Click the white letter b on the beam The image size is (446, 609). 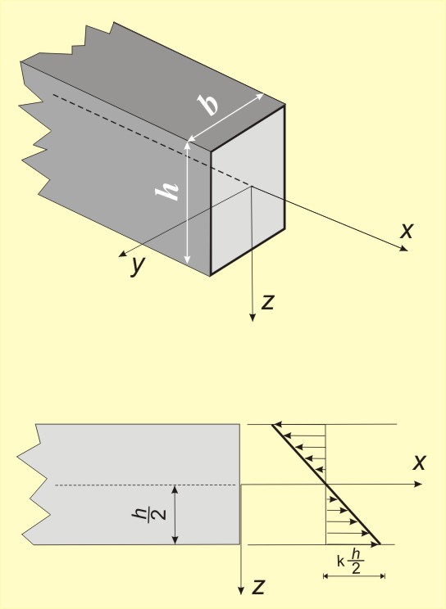click(207, 104)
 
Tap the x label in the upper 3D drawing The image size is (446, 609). click(407, 230)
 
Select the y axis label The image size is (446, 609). click(139, 265)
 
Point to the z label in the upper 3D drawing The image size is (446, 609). click(268, 302)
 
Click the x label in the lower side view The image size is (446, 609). click(420, 462)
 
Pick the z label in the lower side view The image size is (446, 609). click(258, 586)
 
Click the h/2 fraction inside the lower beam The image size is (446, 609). click(149, 514)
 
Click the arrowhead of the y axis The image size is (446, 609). click(122, 255)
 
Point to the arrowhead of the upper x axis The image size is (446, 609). click(404, 249)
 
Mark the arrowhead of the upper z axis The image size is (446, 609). click(253, 318)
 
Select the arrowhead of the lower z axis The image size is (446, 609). click(241, 591)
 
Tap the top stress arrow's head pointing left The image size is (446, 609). click(276, 425)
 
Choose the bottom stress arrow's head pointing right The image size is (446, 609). click(375, 544)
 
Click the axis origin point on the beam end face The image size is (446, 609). click(252, 187)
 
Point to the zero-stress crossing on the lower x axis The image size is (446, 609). click(325, 484)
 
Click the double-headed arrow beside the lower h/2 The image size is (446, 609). click(175, 515)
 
